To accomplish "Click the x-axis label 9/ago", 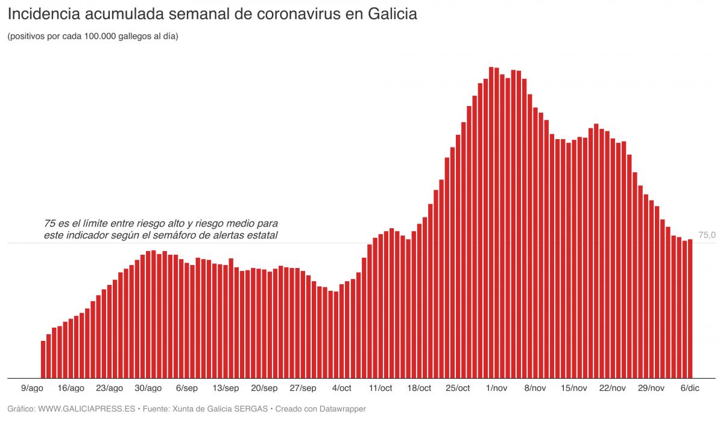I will pos(32,388).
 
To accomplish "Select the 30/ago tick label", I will pos(148,388).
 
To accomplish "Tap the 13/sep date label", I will pos(226,388).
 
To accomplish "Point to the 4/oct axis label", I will pos(341,388).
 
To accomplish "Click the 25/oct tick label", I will pos(458,388).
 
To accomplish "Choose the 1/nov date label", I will pos(497,388).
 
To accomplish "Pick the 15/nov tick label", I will pos(573,388).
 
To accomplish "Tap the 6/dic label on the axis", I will pos(690,388).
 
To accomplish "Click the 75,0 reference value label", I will pos(707,235).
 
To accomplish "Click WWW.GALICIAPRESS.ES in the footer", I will pos(86,409).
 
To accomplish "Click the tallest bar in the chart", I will pos(491,223).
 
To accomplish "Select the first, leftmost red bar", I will pos(43,360).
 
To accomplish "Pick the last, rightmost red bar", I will pos(690,308).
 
